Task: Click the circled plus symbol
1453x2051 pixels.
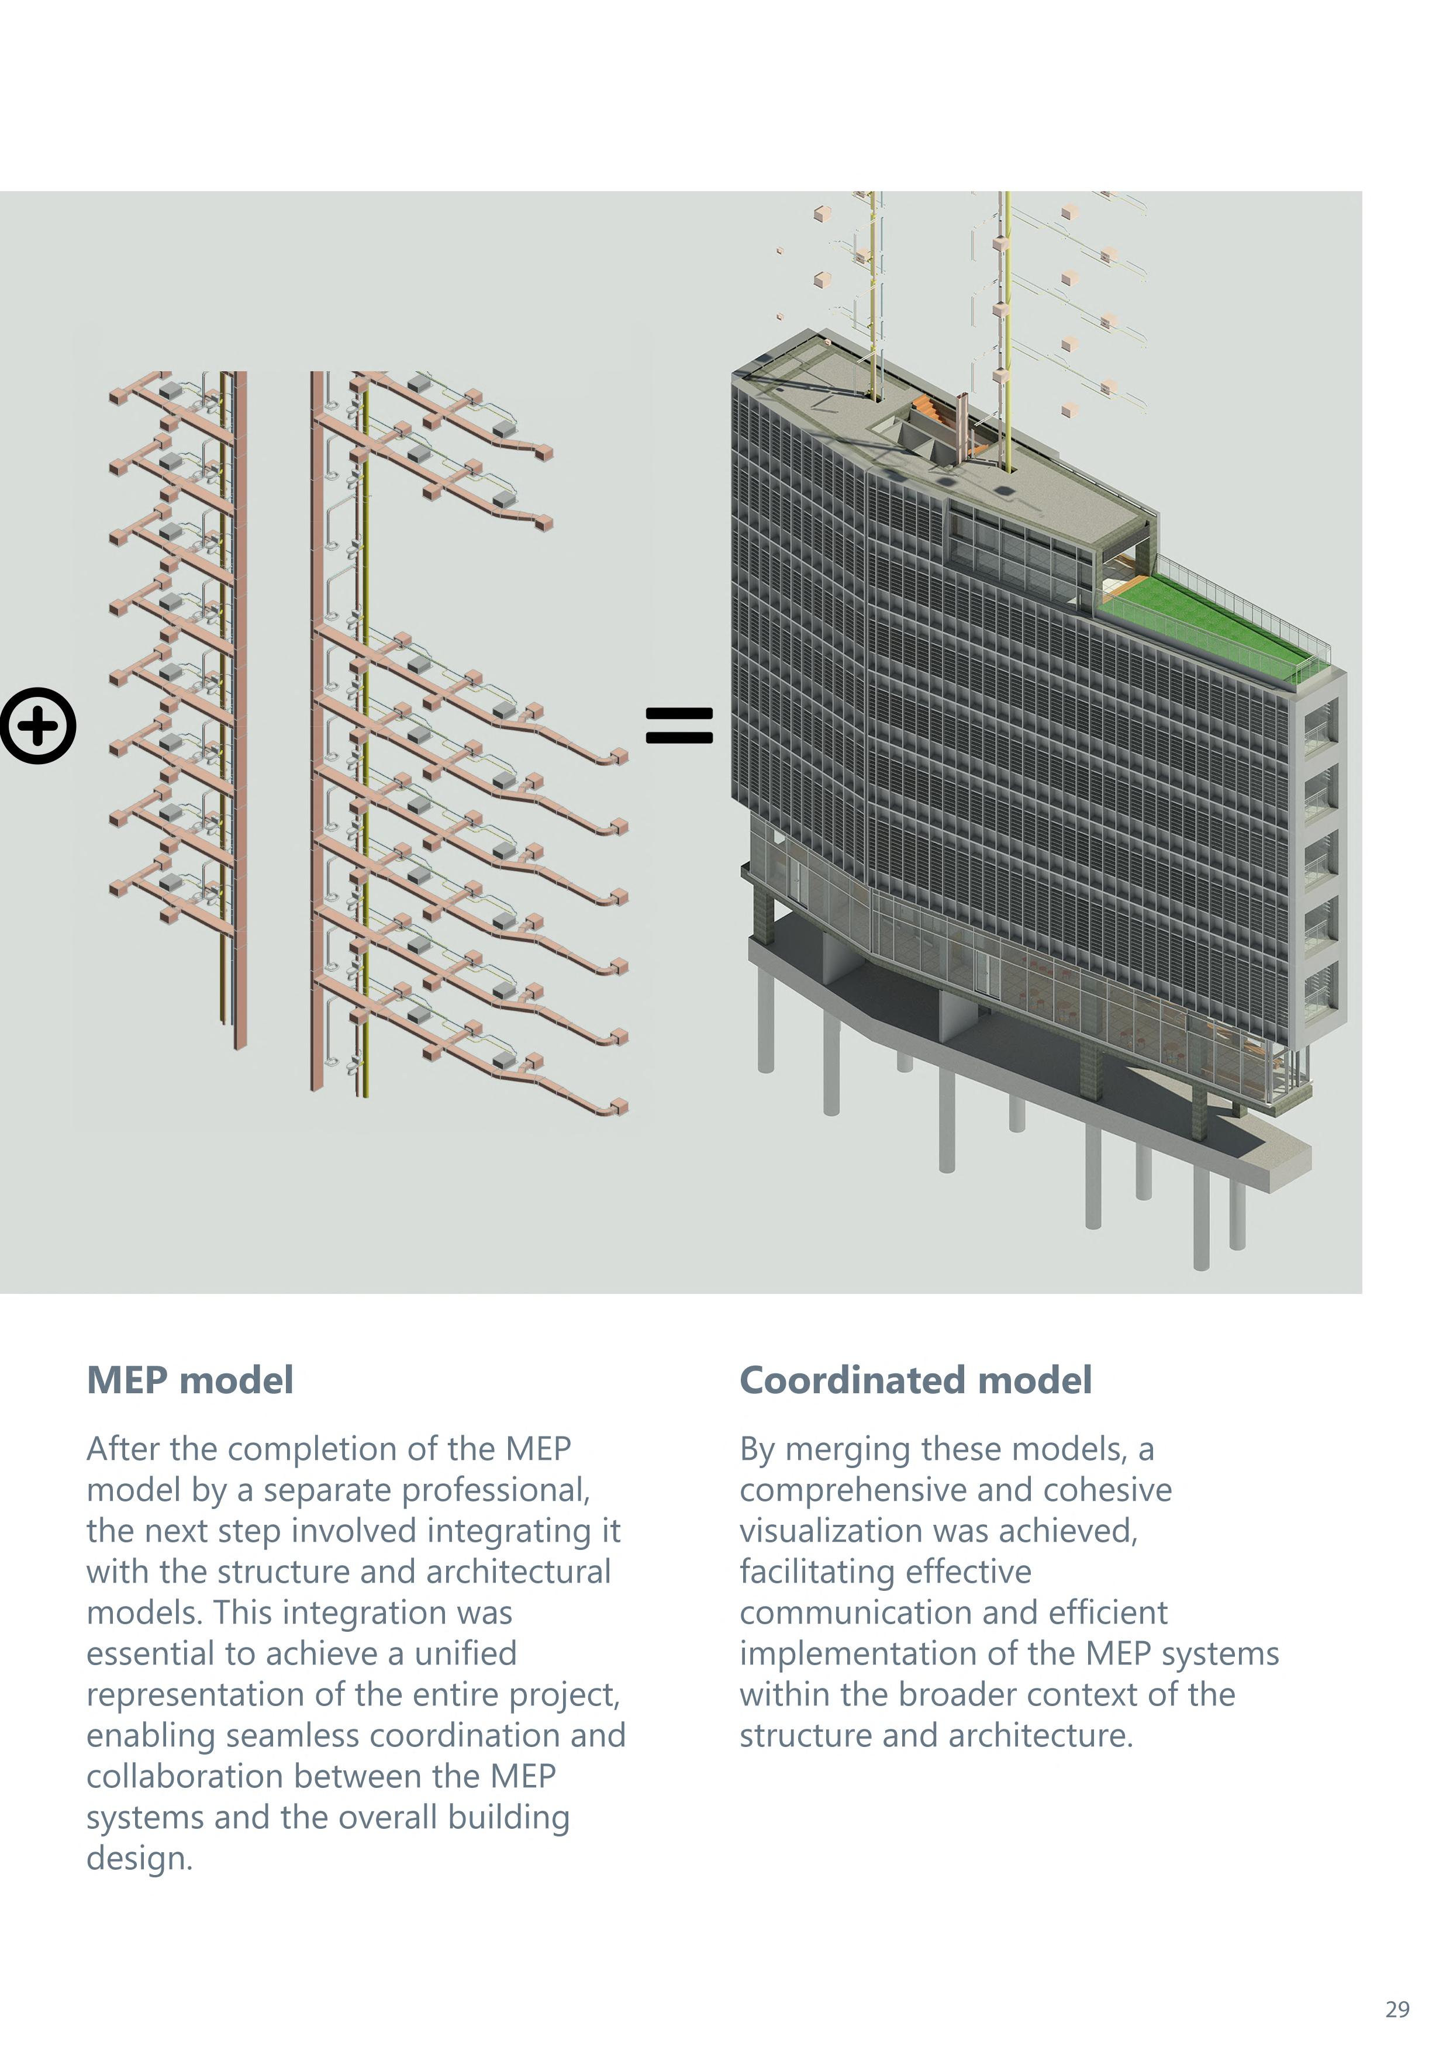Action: (37, 726)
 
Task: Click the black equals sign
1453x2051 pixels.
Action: (679, 726)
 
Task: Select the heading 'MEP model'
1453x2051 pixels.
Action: (189, 1380)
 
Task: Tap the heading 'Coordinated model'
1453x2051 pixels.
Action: (915, 1380)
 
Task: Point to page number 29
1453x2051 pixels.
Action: (1397, 2009)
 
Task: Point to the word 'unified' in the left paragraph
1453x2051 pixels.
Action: (465, 1654)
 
